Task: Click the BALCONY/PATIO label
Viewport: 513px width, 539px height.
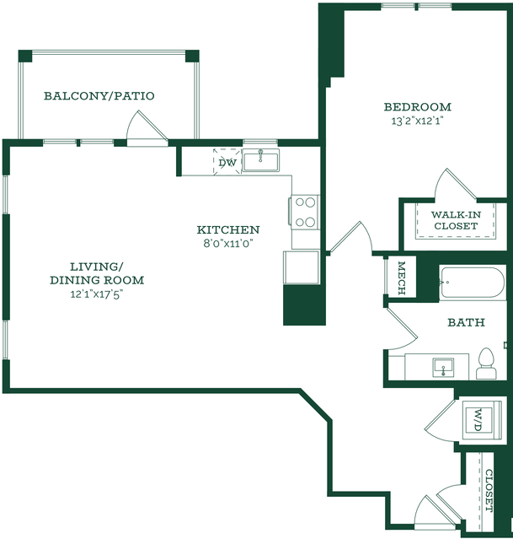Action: [99, 96]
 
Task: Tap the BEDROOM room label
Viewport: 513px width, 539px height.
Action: [418, 107]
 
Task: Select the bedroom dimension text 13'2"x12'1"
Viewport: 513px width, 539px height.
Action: [418, 121]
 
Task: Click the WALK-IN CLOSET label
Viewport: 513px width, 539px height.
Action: [456, 220]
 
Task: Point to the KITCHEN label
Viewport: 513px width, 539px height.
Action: [228, 229]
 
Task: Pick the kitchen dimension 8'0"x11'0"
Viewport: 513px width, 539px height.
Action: [227, 243]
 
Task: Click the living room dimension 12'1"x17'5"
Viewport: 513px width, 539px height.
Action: [98, 294]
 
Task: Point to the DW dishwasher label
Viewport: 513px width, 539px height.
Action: [227, 162]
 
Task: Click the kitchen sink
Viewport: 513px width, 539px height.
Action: [263, 159]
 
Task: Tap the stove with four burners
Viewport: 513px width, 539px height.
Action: [305, 212]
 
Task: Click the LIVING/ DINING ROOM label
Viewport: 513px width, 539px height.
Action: [97, 272]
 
